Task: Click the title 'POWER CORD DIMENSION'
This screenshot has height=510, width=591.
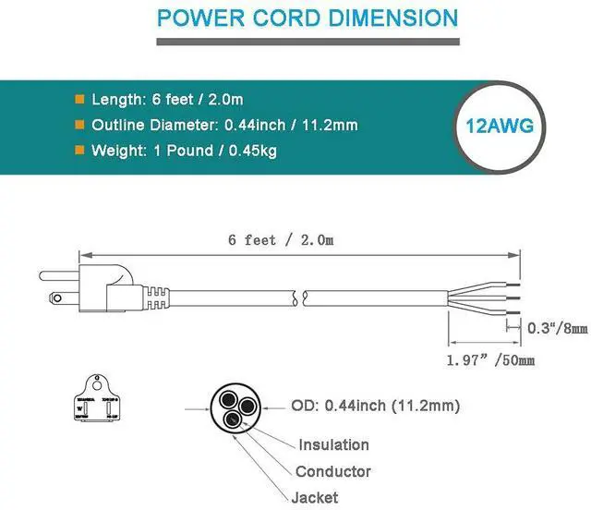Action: pyautogui.click(x=308, y=18)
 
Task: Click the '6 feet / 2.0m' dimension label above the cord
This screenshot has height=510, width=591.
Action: pyautogui.click(x=281, y=240)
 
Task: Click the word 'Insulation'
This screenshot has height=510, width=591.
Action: pyautogui.click(x=332, y=444)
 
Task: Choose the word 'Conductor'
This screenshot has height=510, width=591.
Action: pyautogui.click(x=333, y=471)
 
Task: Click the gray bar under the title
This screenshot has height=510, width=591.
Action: pyautogui.click(x=308, y=41)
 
